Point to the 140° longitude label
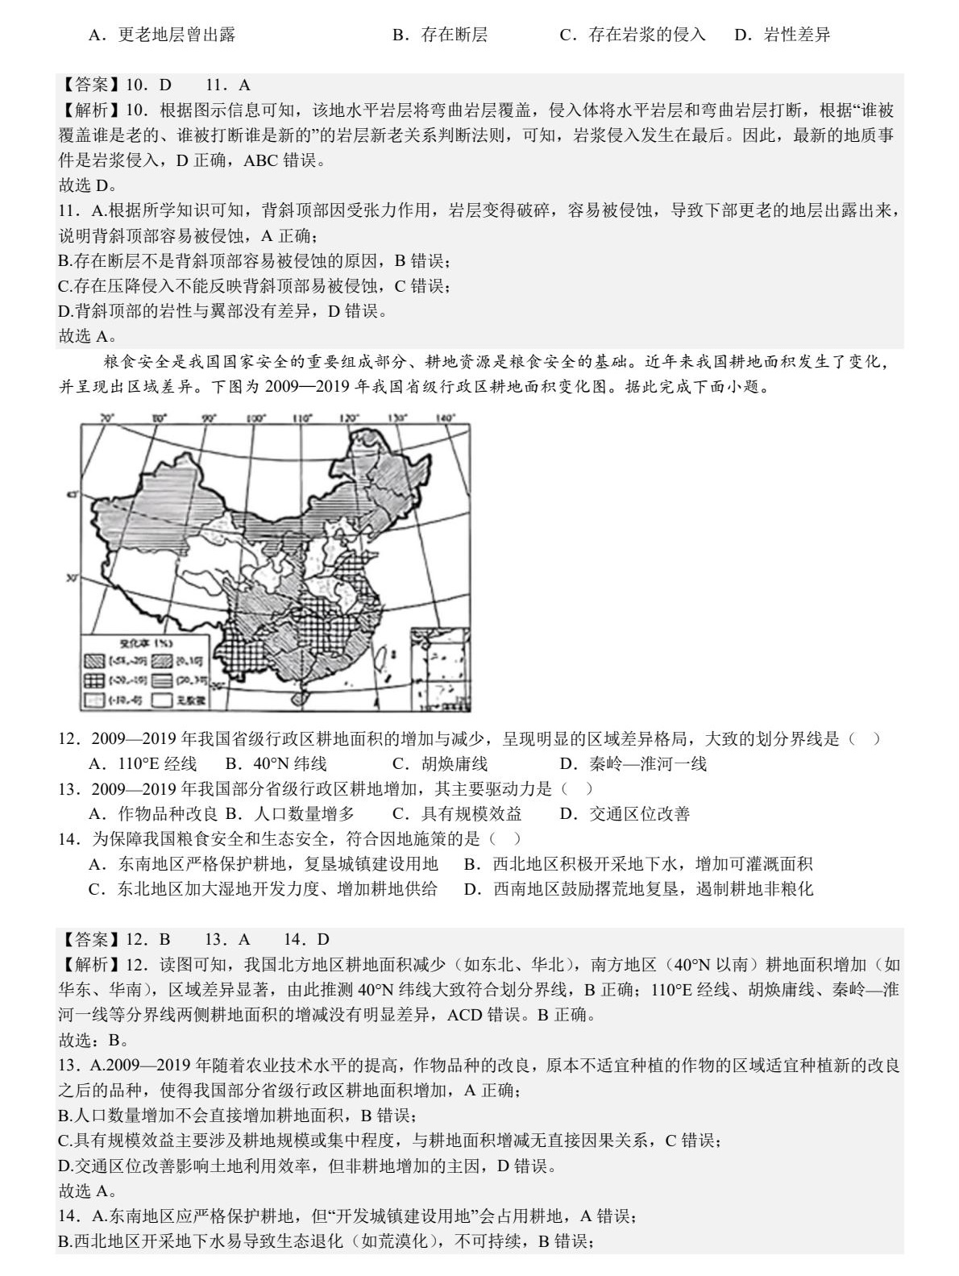click(445, 418)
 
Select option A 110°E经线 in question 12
click(143, 763)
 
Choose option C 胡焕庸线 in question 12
click(440, 763)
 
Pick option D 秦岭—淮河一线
click(633, 763)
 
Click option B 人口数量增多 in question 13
click(290, 813)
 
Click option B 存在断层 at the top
click(440, 35)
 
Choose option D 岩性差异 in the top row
click(783, 35)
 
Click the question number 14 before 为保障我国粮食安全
click(67, 839)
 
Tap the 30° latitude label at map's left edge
click(71, 577)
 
